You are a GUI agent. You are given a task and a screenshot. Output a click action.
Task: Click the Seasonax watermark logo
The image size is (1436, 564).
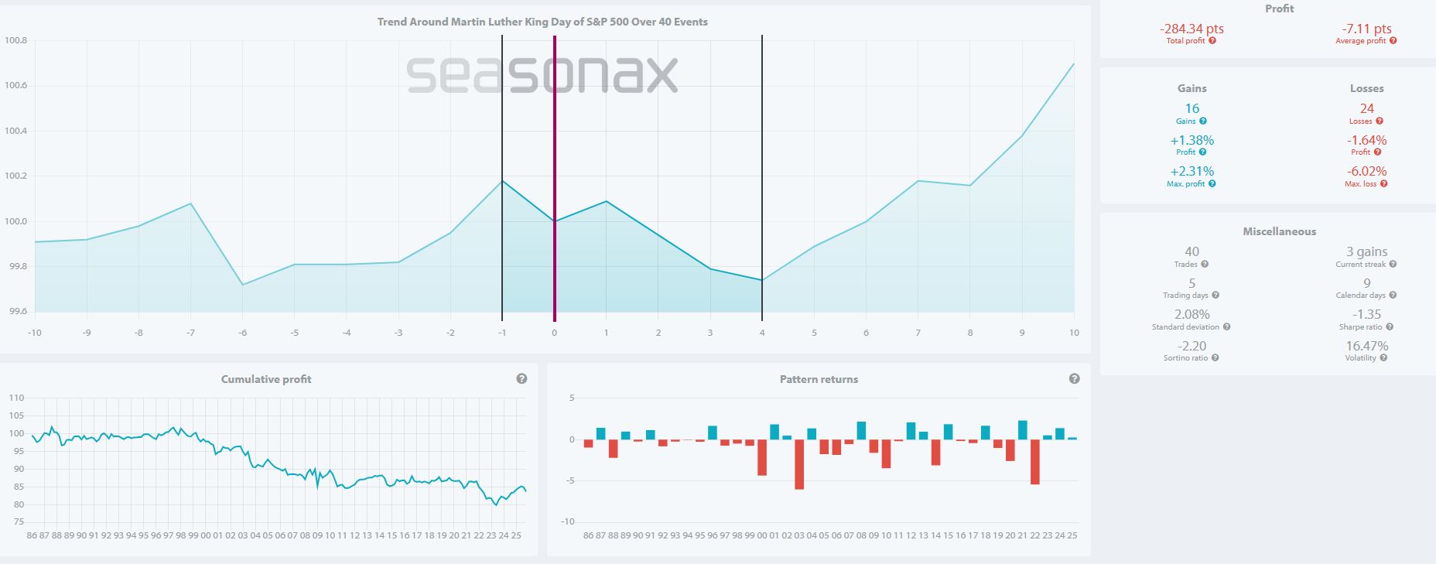[x=542, y=75]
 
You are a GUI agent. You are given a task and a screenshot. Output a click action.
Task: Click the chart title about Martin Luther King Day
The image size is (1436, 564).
[x=542, y=22]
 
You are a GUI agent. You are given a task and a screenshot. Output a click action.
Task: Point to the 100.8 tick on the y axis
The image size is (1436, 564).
[x=16, y=40]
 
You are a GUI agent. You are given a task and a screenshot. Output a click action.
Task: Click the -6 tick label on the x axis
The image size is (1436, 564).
[x=242, y=333]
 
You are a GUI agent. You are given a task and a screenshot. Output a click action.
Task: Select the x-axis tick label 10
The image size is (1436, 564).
[x=1073, y=333]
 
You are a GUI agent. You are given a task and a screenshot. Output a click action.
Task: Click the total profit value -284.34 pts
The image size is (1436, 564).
[x=1192, y=29]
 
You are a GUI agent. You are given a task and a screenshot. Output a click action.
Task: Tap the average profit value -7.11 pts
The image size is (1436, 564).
[x=1366, y=29]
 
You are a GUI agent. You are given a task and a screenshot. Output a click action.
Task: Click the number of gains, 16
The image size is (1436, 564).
[x=1192, y=109]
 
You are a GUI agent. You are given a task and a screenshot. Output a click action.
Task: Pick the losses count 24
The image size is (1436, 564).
[x=1366, y=109]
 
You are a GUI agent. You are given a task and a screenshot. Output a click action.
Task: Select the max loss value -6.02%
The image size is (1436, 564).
[x=1366, y=171]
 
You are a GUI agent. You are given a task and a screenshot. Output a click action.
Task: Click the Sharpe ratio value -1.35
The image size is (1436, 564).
[x=1366, y=314]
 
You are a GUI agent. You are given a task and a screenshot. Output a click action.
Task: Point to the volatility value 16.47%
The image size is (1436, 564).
[x=1366, y=346]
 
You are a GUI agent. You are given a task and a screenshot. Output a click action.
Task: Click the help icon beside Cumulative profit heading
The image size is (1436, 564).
[x=521, y=379]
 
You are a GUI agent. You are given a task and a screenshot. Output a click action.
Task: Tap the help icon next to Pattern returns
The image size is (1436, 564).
[x=1074, y=379]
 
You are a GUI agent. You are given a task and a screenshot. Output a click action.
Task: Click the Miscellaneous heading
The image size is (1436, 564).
[x=1279, y=231]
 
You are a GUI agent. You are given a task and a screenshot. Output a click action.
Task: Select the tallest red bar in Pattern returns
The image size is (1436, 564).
[x=799, y=464]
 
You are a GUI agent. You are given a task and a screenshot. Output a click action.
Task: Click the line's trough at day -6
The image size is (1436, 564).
[x=243, y=285]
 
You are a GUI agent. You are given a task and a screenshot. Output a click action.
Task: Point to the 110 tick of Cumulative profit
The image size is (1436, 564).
[x=16, y=398]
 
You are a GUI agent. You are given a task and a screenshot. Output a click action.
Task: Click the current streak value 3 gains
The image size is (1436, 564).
[x=1366, y=251]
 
